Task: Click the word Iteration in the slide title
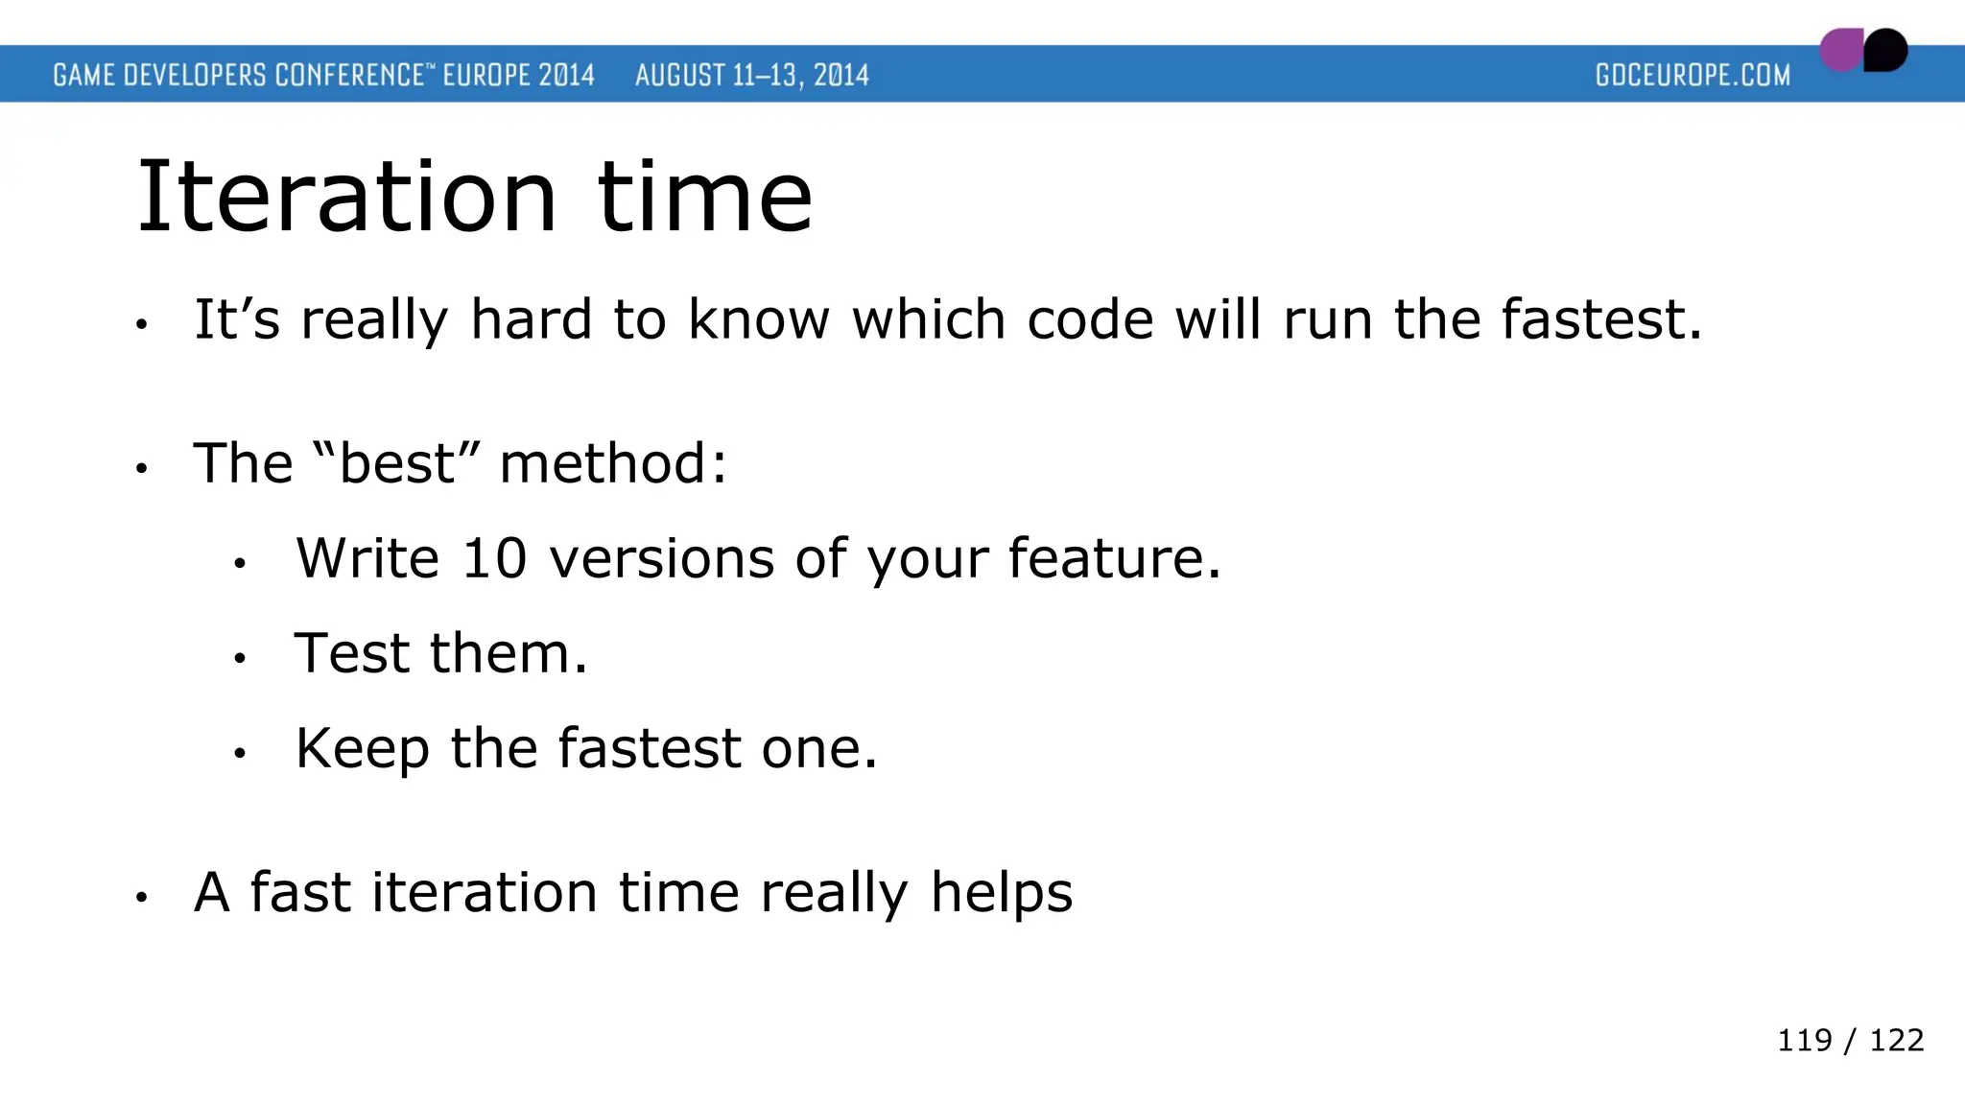(x=346, y=198)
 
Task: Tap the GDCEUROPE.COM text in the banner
(x=1693, y=75)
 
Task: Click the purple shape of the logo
(x=1840, y=51)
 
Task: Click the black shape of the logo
(x=1886, y=50)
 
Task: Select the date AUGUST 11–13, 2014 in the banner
(x=751, y=75)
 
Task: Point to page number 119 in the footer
(x=1804, y=1040)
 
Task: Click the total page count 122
(x=1896, y=1040)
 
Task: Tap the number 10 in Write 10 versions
(x=494, y=558)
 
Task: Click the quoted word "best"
(x=395, y=463)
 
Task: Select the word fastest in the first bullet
(x=1600, y=319)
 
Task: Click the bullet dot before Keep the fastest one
(x=240, y=754)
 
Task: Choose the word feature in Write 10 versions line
(x=1113, y=558)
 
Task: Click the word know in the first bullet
(x=758, y=319)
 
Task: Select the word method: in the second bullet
(x=613, y=463)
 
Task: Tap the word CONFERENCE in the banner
(x=349, y=75)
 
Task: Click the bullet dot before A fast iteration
(x=141, y=898)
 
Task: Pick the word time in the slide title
(x=705, y=198)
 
